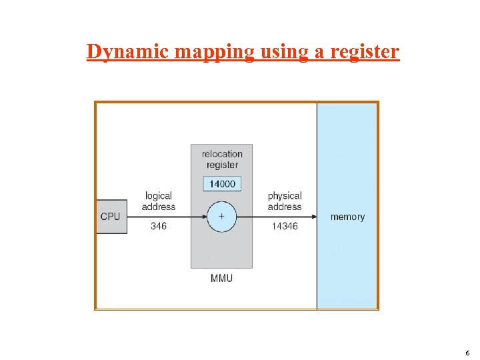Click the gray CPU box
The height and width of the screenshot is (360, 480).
point(111,217)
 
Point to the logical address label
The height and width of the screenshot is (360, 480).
point(159,201)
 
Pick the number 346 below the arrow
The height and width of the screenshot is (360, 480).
point(159,227)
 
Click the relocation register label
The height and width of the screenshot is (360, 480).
point(222,159)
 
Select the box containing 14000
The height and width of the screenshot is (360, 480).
point(222,183)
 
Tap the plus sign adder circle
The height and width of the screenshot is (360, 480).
point(221,217)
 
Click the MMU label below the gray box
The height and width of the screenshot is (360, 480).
point(221,278)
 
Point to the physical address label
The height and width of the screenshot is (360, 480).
point(285,201)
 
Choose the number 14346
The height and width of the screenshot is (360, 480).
point(285,227)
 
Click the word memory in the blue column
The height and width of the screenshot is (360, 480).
point(347,217)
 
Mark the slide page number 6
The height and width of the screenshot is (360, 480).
point(468,353)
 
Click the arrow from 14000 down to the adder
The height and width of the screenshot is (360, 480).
point(221,197)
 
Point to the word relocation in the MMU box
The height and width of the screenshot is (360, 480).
point(222,154)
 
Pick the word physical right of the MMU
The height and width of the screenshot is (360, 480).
point(285,196)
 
